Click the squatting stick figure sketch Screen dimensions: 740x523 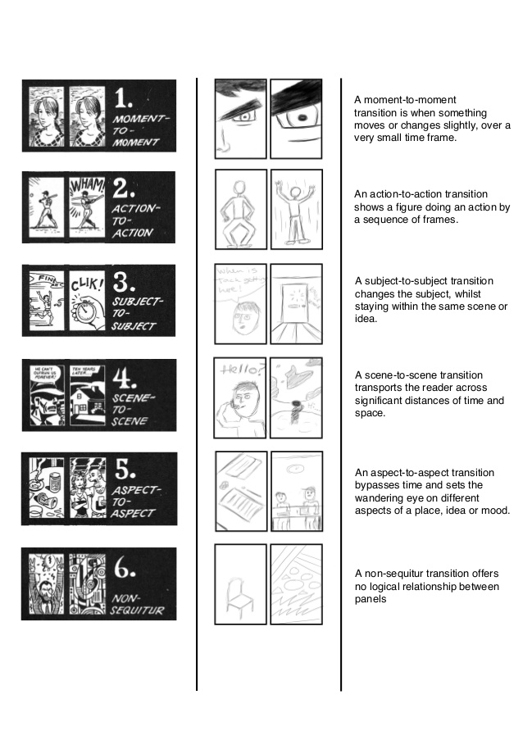coord(239,209)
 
